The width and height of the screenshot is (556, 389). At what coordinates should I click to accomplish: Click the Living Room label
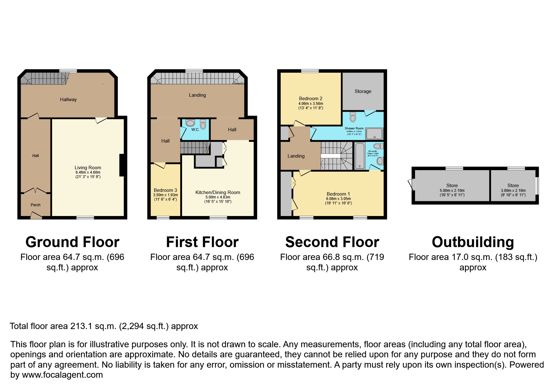[x=88, y=168]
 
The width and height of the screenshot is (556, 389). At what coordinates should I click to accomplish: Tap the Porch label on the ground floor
[x=35, y=205]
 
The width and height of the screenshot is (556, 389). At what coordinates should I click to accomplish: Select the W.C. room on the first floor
[x=195, y=129]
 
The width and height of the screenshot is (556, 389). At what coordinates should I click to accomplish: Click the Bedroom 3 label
[x=165, y=190]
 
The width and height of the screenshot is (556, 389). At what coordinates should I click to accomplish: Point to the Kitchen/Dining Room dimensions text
[x=218, y=199]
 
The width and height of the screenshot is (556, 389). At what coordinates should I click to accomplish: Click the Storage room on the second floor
[x=363, y=91]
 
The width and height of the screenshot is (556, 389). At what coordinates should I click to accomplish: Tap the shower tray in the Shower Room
[x=374, y=133]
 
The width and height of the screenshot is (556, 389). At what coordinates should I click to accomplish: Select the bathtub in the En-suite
[x=359, y=156]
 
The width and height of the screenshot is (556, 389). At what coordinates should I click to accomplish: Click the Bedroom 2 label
[x=310, y=99]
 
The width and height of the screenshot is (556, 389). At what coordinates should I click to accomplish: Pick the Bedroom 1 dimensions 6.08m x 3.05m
[x=338, y=199]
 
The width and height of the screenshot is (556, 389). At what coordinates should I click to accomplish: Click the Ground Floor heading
[x=72, y=242]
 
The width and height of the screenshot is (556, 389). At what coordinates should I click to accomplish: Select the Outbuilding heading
[x=473, y=242]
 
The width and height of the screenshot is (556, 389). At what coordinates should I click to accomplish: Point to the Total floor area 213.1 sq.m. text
[x=104, y=326]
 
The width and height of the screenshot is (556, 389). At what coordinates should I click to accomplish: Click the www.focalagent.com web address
[x=62, y=375]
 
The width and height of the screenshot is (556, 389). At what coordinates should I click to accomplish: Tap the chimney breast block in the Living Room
[x=122, y=165]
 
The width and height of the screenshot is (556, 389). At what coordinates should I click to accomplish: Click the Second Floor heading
[x=332, y=242]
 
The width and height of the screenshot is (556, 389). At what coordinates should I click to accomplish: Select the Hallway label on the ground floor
[x=68, y=100]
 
